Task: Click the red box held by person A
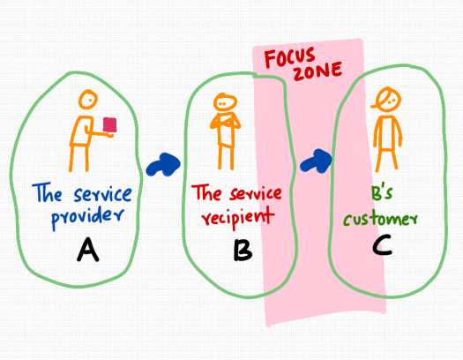point(110,126)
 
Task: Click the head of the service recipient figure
point(226,101)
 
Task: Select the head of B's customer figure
point(385,97)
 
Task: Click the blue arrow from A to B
point(164,163)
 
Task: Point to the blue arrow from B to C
point(316,159)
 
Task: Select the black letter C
point(381,244)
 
